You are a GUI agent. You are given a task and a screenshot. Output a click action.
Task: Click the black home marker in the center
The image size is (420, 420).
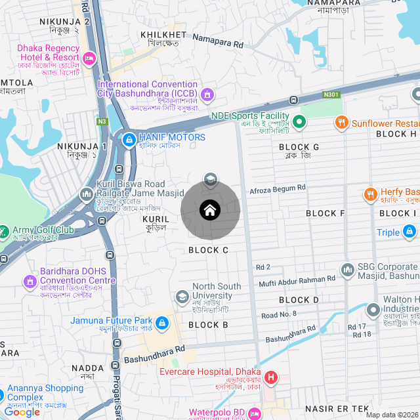210,210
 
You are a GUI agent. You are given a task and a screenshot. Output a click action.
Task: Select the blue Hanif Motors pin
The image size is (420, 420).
129,139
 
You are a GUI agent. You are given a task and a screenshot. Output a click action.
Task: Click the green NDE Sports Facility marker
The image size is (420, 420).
299,121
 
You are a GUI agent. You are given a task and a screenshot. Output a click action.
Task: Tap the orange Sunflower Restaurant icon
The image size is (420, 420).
341,123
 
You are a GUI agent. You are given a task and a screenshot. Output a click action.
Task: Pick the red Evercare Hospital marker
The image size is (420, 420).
271,378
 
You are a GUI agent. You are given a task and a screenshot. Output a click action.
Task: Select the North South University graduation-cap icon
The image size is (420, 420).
182,297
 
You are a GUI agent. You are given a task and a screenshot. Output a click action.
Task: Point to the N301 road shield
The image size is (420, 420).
332,95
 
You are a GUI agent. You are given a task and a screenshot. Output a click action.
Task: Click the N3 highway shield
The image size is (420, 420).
102,121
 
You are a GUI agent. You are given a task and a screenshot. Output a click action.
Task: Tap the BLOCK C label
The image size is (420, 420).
208,250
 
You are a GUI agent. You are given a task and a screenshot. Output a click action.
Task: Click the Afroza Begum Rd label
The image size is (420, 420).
278,188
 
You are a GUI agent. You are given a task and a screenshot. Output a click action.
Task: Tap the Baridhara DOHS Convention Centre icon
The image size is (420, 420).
30,282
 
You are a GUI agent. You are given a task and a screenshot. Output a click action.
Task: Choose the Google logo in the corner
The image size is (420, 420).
22,411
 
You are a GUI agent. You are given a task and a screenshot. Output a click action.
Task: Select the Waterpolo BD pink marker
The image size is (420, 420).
256,413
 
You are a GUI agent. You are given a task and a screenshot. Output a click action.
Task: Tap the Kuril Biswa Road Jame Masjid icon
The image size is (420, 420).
87,194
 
